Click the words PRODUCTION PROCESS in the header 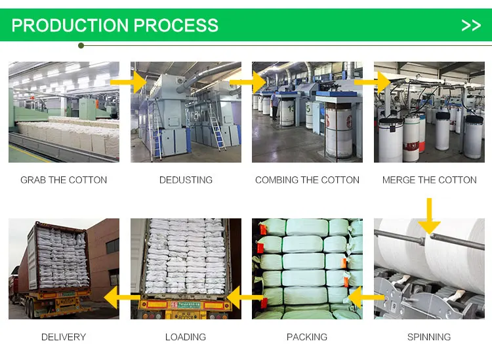click(x=115, y=26)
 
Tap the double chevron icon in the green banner click(x=471, y=26)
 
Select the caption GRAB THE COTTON click(x=64, y=180)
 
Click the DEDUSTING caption click(x=186, y=180)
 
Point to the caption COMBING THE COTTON click(x=307, y=180)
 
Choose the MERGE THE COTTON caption click(x=429, y=180)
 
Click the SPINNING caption click(x=429, y=337)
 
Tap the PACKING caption click(x=307, y=337)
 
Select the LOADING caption click(x=186, y=337)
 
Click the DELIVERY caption click(x=64, y=337)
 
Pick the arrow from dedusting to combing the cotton click(x=249, y=83)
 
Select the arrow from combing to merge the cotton click(x=373, y=83)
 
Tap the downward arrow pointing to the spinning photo click(x=430, y=217)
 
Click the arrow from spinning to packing click(x=365, y=298)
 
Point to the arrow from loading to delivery click(x=123, y=298)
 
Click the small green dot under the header click(x=81, y=45)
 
